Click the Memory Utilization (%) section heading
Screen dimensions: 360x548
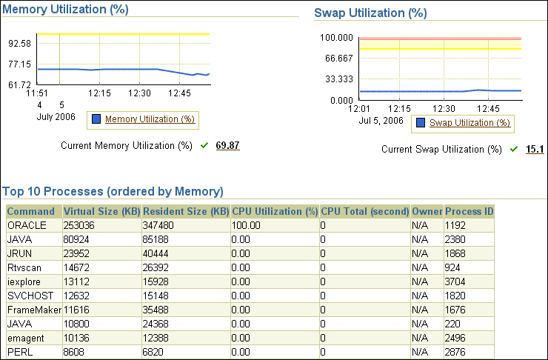[66, 10]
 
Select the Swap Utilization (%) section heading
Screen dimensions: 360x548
[370, 13]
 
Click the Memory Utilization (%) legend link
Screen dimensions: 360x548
[150, 119]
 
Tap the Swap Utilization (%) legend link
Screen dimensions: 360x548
[470, 123]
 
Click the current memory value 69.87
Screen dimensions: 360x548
[227, 145]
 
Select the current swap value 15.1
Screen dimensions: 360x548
[535, 149]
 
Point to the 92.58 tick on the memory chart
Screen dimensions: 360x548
[19, 44]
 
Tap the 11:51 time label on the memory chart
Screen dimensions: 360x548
[37, 93]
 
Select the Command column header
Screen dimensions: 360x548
[31, 211]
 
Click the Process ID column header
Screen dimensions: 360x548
[469, 211]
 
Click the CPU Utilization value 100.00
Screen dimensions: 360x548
[247, 225]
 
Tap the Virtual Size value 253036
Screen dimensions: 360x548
[80, 225]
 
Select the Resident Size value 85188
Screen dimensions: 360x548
[157, 239]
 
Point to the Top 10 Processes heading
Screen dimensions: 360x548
[113, 191]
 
